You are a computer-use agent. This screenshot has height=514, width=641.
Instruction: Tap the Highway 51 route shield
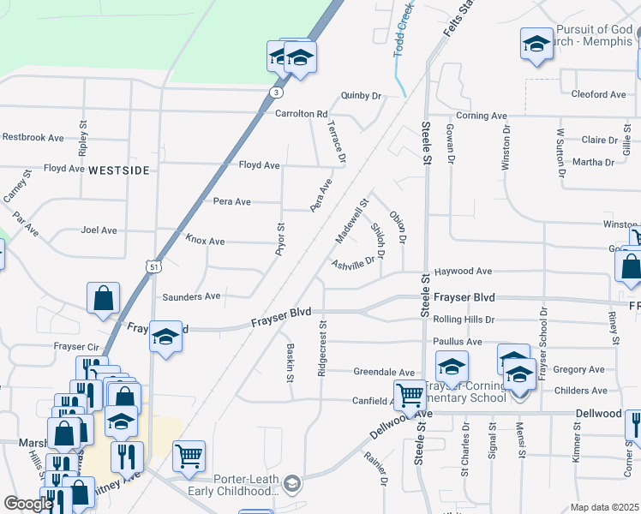[x=153, y=267]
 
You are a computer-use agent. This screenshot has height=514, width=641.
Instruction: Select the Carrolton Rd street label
[x=302, y=114]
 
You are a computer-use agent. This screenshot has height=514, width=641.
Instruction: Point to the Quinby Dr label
[x=360, y=96]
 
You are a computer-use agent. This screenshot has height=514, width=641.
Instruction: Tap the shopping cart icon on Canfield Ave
[x=410, y=394]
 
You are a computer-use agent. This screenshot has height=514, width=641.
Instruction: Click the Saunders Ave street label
[x=191, y=296]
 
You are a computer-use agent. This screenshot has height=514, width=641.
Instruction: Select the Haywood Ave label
[x=463, y=272]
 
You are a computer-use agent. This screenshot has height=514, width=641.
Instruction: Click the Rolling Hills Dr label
[x=465, y=320]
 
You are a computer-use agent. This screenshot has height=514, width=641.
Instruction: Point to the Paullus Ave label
[x=458, y=342]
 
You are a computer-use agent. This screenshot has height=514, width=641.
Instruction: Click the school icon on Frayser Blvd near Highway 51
[x=165, y=336]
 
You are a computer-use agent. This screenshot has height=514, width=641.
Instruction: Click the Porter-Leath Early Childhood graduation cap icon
[x=292, y=485]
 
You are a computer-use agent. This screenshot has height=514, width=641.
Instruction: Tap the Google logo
[x=27, y=504]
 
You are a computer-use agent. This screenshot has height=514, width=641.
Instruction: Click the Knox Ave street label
[x=205, y=242]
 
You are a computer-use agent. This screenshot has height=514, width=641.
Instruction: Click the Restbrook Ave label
[x=33, y=137]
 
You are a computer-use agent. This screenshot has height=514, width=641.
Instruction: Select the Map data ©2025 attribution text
[x=604, y=507]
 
